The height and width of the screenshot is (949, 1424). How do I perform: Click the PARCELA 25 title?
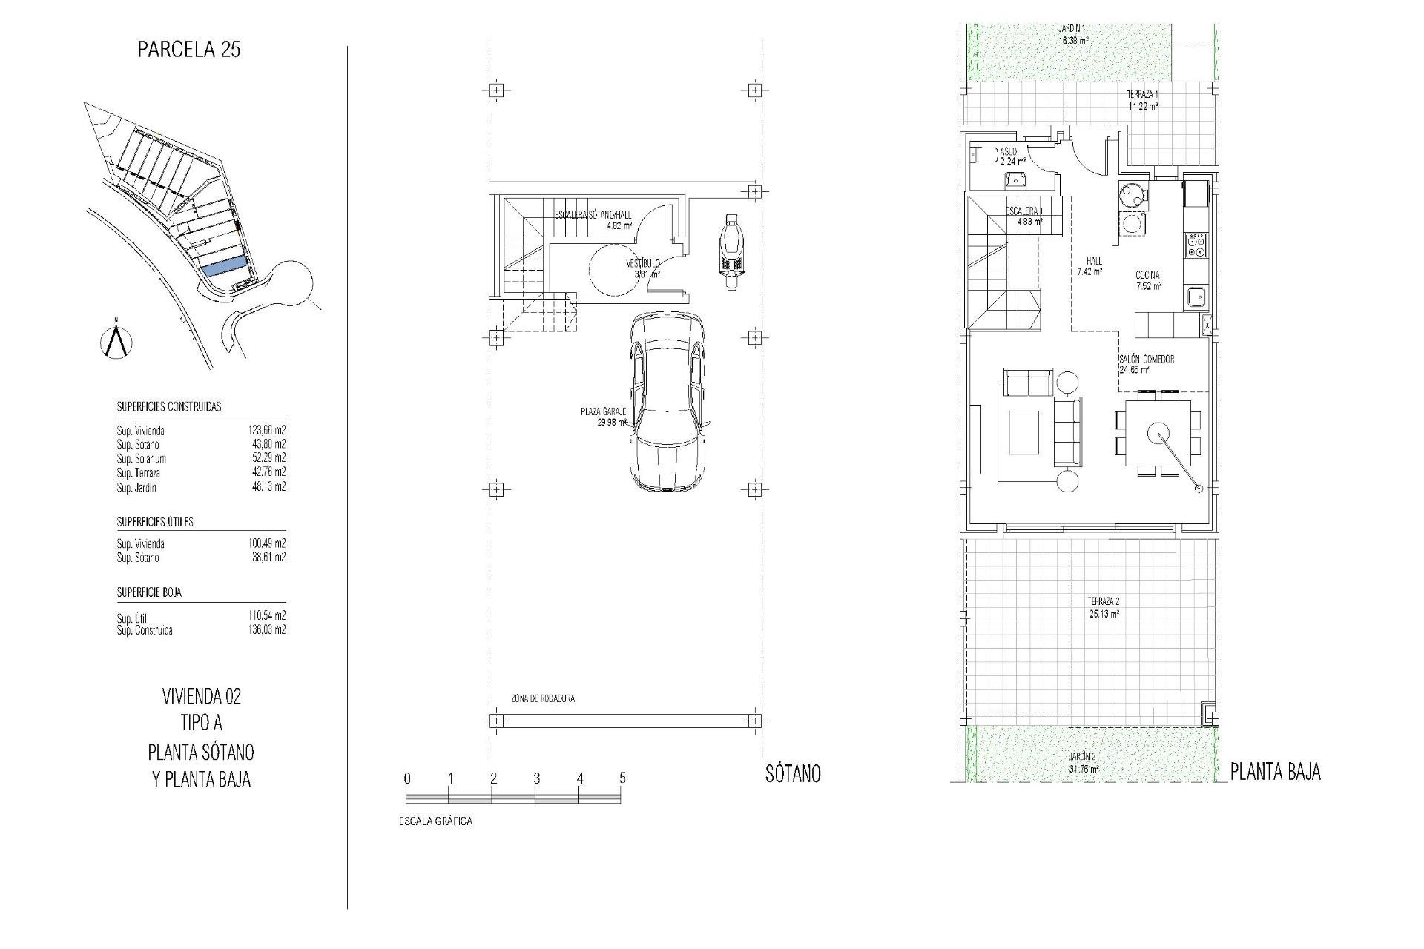click(x=189, y=50)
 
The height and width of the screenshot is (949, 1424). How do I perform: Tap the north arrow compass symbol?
click(x=116, y=340)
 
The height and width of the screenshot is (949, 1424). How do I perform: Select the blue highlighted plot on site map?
click(x=224, y=267)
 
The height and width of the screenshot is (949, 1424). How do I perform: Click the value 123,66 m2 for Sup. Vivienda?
click(x=266, y=430)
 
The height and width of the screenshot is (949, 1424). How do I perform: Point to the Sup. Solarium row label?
click(x=141, y=459)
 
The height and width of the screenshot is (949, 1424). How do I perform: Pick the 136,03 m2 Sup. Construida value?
click(x=266, y=630)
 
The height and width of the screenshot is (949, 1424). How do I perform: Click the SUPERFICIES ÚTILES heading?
click(x=155, y=522)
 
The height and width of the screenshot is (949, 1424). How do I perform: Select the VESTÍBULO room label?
click(x=642, y=264)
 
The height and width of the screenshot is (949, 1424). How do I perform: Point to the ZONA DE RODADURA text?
click(x=543, y=698)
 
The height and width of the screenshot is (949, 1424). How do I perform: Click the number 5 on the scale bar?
click(x=622, y=778)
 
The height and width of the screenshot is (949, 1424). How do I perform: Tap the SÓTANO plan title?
click(x=793, y=774)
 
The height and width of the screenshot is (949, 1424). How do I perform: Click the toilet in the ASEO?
click(x=983, y=154)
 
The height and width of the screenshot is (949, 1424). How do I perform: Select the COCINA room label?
click(x=1147, y=275)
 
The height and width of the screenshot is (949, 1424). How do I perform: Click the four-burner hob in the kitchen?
click(x=1196, y=245)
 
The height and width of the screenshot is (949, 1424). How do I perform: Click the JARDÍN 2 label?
click(x=1082, y=756)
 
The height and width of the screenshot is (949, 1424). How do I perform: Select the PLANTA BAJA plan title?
click(x=1276, y=773)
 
